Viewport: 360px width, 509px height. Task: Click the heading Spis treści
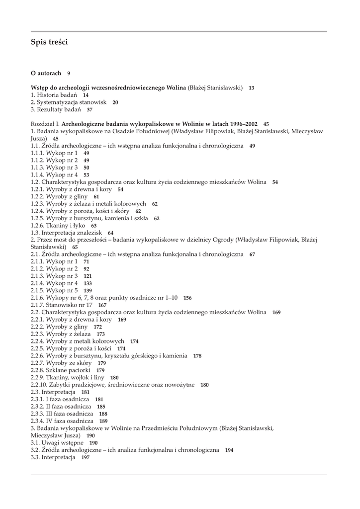click(49, 42)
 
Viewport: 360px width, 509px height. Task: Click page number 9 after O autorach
click(69, 74)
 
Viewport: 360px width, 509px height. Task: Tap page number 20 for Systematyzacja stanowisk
click(115, 102)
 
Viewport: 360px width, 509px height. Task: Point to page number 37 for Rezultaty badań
click(90, 110)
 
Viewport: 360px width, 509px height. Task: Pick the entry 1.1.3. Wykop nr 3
click(54, 168)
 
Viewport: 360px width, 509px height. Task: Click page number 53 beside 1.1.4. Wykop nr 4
click(87, 175)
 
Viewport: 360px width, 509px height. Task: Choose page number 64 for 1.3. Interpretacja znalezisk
click(110, 233)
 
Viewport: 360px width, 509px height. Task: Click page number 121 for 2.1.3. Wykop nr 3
click(88, 276)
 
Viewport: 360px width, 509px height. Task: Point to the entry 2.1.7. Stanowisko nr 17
click(61, 305)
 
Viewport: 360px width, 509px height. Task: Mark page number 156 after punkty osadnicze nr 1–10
click(187, 298)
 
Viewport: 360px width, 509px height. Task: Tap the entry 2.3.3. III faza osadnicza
click(62, 414)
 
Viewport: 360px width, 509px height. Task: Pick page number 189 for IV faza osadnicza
click(103, 421)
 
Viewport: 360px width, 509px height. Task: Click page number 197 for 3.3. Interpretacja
click(86, 457)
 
